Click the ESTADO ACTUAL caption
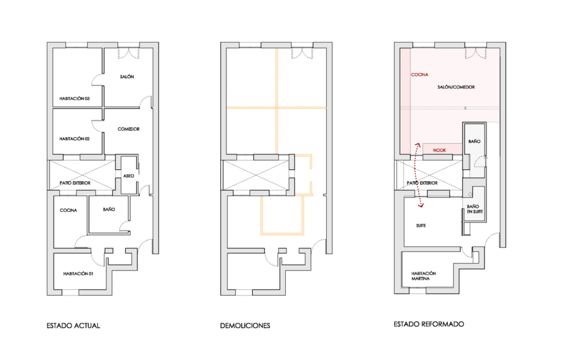73,326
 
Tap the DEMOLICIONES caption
245,326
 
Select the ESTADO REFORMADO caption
429,324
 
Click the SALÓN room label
127,76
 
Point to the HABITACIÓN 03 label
75,99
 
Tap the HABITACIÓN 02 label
75,139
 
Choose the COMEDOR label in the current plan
129,129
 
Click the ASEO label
129,176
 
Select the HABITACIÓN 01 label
78,274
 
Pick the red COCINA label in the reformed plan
420,75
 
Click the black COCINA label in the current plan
68,211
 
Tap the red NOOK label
440,150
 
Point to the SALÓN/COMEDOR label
456,87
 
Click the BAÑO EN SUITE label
475,209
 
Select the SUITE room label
421,226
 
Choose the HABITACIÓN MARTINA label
424,276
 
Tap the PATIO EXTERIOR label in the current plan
75,183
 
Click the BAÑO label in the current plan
109,210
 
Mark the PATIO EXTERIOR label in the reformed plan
422,183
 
